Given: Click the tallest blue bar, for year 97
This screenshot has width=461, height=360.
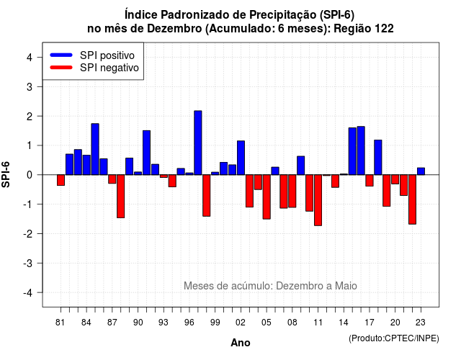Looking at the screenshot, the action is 198,143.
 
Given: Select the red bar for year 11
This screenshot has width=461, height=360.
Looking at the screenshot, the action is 318,200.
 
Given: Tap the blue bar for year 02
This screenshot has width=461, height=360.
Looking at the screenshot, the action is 241,158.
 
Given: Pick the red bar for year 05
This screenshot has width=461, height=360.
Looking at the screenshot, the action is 267,197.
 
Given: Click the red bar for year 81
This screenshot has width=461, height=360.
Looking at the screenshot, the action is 61,180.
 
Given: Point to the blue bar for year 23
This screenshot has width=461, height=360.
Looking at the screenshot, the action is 421,171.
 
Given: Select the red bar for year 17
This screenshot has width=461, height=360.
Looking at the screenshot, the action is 370,181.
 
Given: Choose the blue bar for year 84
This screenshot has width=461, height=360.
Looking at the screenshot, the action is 86,165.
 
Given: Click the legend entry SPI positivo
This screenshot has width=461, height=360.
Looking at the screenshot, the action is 107,55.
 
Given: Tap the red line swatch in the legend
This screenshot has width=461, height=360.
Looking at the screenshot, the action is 61,68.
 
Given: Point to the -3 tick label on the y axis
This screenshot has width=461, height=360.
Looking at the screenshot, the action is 29,264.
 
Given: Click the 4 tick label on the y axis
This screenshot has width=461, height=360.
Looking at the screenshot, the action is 30,58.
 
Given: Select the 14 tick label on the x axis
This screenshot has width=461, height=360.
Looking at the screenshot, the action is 343,323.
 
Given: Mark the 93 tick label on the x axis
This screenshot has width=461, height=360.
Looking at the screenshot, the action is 164,323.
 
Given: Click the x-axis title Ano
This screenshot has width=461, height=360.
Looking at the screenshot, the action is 240,343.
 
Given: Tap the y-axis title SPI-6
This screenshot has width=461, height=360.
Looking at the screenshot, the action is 6,174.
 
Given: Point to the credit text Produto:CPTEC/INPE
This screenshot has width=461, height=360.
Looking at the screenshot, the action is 394,338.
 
